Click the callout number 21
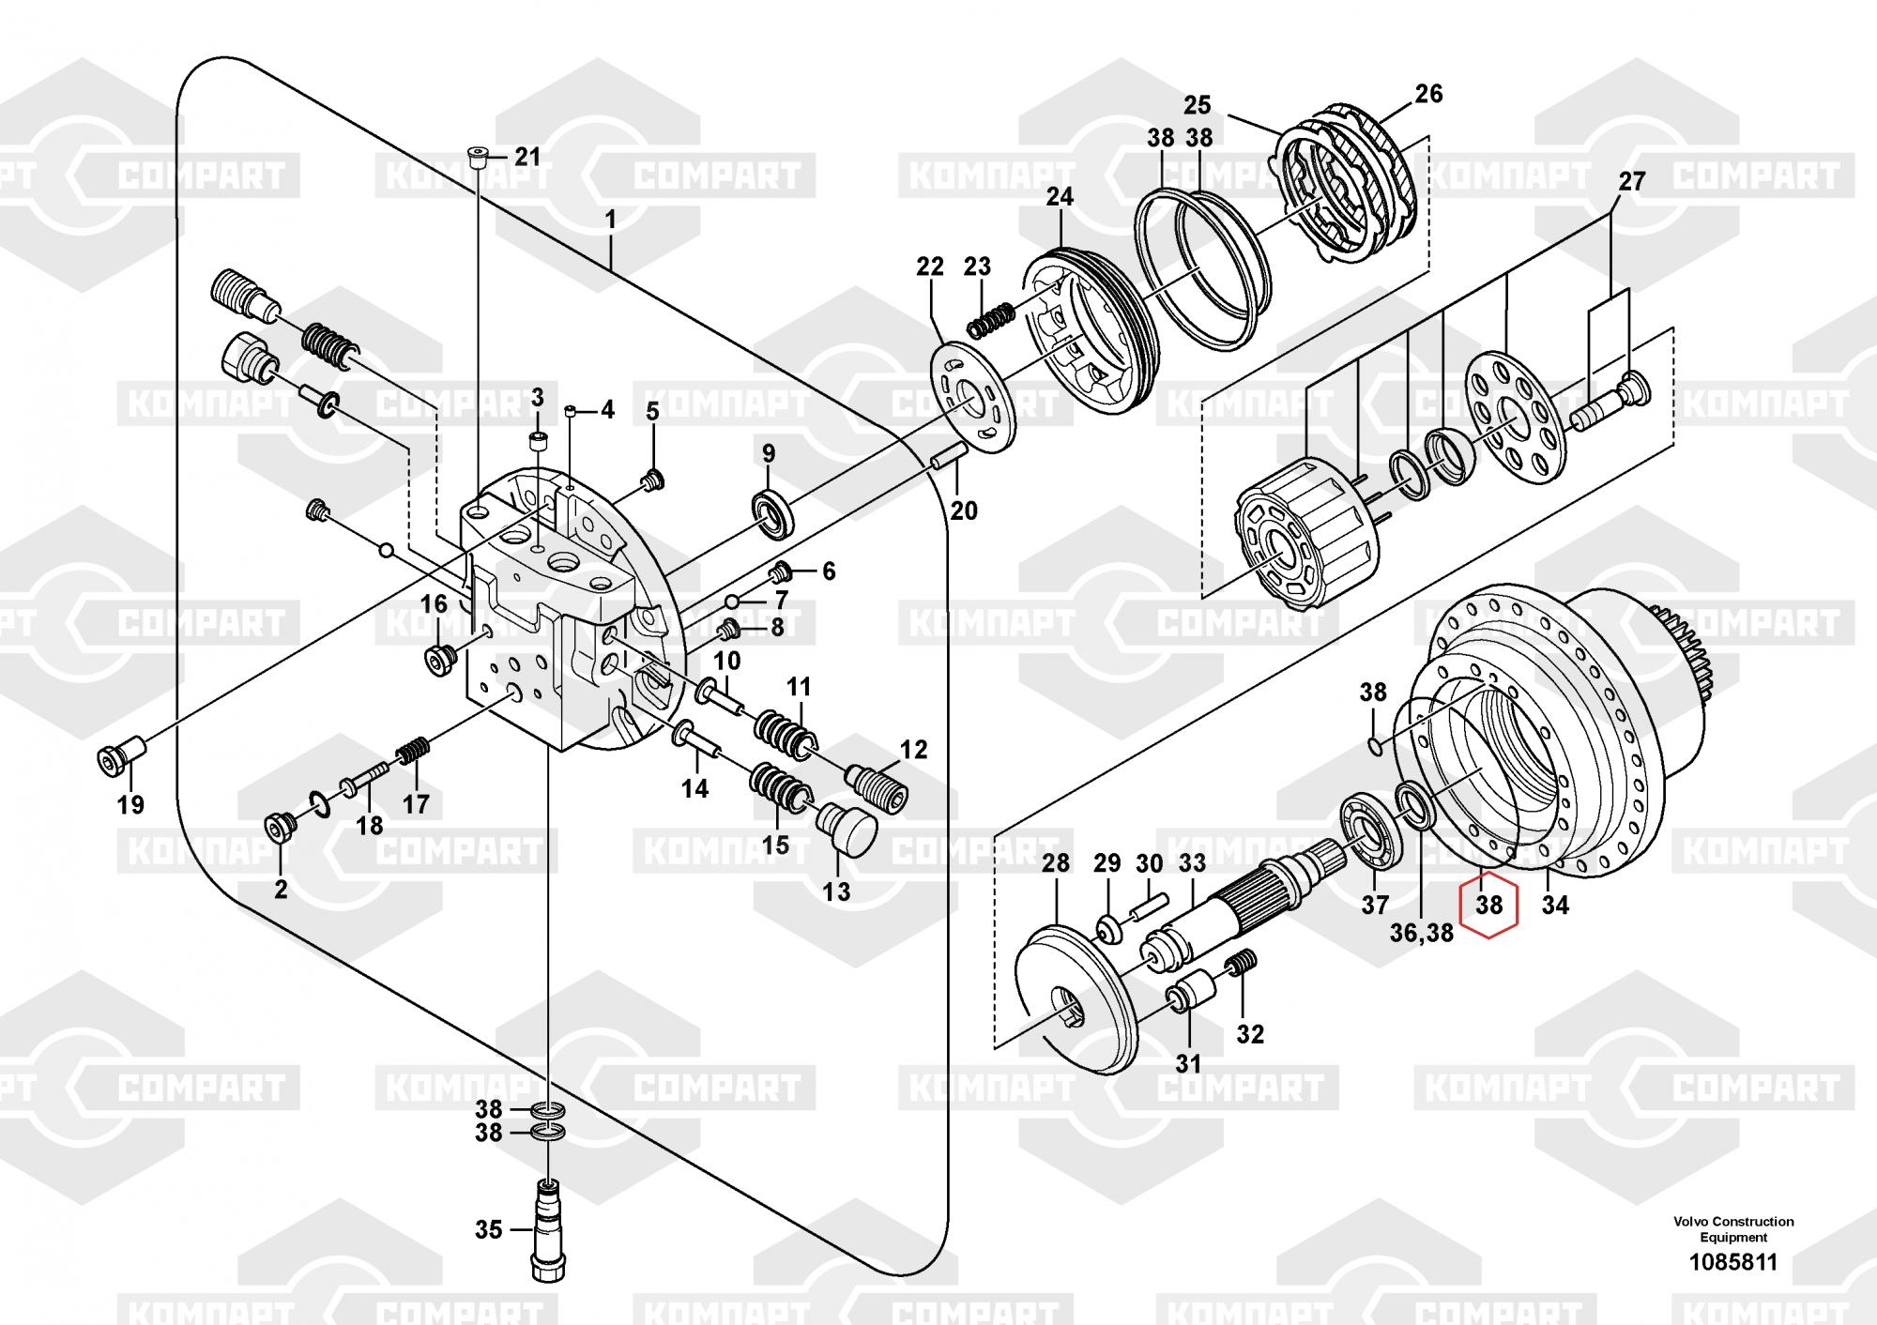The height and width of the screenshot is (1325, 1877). click(x=528, y=157)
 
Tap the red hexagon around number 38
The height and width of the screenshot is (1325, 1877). click(x=1488, y=906)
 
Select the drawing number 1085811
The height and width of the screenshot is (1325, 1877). click(x=1732, y=1262)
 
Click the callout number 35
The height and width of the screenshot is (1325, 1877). click(x=489, y=1229)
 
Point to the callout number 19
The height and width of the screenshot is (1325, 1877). click(x=130, y=804)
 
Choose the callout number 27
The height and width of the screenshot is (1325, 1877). click(x=1632, y=181)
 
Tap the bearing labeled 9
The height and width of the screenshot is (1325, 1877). click(x=775, y=514)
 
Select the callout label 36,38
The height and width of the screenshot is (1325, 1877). click(x=1422, y=934)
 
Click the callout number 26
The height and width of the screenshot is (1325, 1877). click(x=1428, y=94)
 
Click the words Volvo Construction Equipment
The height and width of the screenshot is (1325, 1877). click(x=1732, y=1229)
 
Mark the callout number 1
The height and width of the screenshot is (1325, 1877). click(x=610, y=221)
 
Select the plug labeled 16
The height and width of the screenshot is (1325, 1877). click(x=438, y=660)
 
